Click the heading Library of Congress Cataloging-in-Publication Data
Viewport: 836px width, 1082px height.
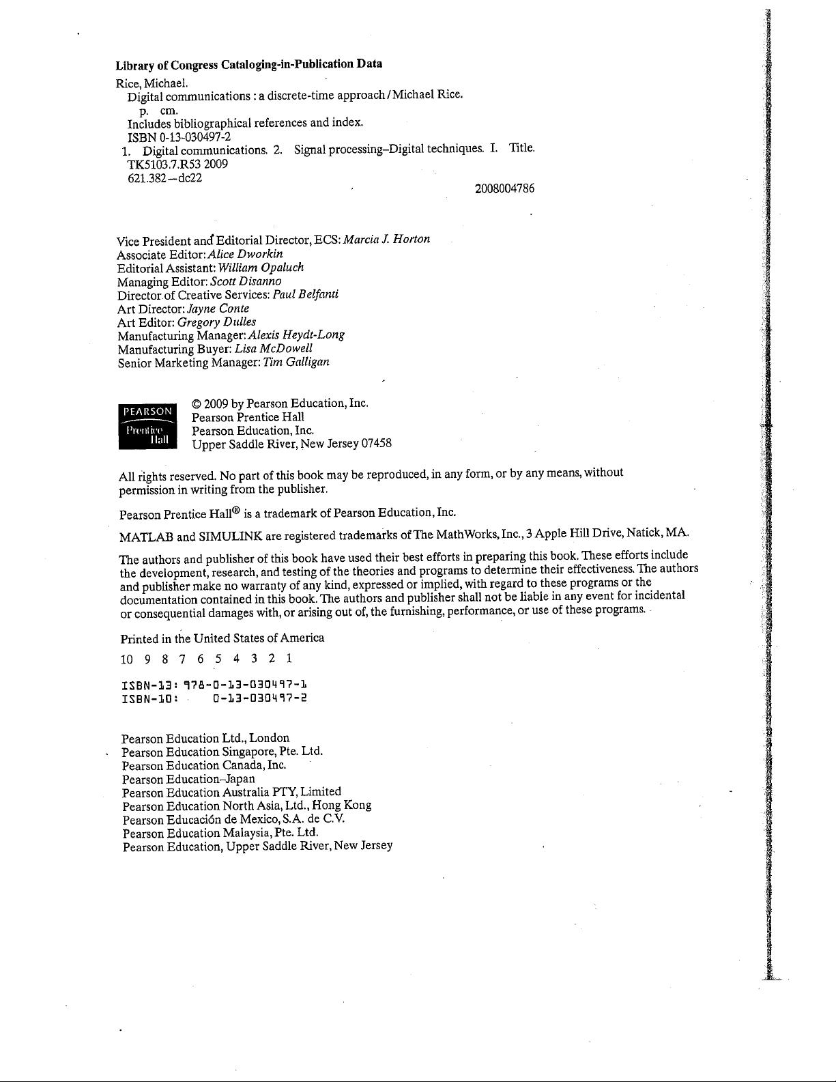[248, 65]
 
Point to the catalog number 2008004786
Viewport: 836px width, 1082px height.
[504, 189]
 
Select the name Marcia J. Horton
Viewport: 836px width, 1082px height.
[386, 239]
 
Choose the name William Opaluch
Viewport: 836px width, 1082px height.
[261, 268]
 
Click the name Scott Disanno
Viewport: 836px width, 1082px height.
[246, 281]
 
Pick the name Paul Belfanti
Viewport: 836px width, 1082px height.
[305, 295]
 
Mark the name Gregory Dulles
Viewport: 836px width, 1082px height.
[217, 322]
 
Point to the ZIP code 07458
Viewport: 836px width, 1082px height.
[376, 444]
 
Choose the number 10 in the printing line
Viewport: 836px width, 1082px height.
[127, 659]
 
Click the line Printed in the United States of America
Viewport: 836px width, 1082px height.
[222, 638]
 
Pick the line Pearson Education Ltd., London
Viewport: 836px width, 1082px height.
[205, 739]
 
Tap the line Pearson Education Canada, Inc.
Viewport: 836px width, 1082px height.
[204, 765]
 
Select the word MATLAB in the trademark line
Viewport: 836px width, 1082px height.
[146, 535]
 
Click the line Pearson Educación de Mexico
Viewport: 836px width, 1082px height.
[233, 820]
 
